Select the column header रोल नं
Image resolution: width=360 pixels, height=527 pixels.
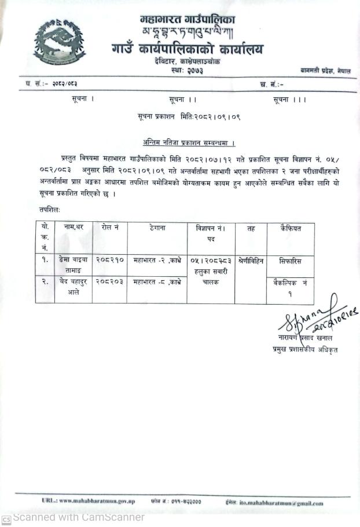click(x=109, y=228)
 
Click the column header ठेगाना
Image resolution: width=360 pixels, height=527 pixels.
click(x=156, y=228)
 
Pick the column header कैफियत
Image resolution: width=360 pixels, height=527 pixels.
click(x=289, y=228)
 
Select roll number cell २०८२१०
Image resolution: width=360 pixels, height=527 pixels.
click(x=109, y=261)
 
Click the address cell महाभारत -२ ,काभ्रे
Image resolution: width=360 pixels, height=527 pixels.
click(x=157, y=261)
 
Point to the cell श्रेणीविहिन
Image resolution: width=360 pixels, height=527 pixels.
click(x=251, y=261)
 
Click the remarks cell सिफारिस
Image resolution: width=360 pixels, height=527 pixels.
click(x=289, y=261)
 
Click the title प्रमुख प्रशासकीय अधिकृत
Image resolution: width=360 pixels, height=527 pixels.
click(x=305, y=349)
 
